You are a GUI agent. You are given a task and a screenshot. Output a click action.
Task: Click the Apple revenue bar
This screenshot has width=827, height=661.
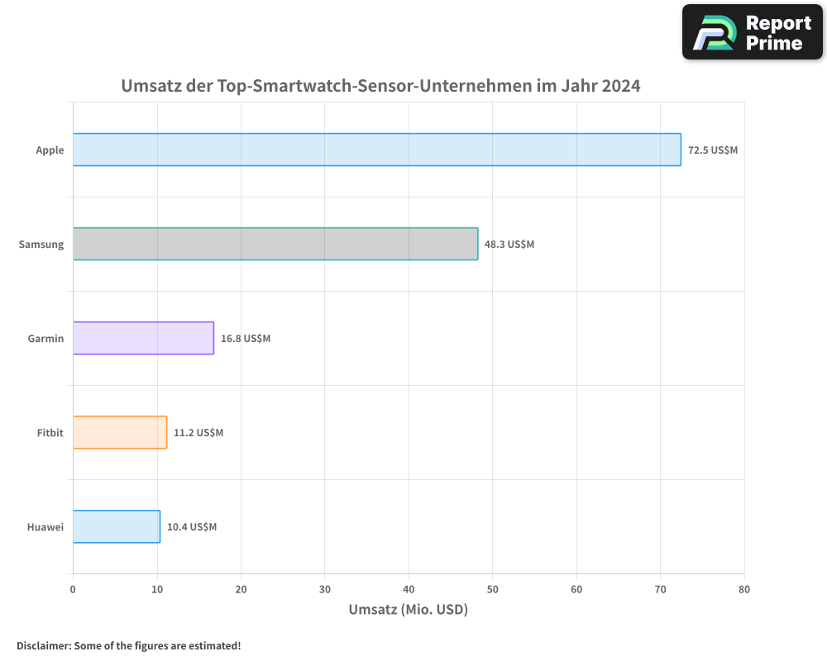[x=376, y=150]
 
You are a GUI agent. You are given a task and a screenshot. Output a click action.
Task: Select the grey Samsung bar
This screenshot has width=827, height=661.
[x=275, y=244]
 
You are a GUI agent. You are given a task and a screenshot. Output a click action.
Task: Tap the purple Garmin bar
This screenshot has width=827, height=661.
[x=143, y=338]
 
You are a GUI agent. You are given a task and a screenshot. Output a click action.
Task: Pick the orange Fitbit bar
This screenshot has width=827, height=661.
[x=120, y=432]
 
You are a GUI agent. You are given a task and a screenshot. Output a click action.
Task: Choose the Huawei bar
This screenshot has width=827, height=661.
[x=117, y=526]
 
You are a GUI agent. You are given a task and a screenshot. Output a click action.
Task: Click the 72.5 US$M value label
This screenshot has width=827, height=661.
[x=712, y=150]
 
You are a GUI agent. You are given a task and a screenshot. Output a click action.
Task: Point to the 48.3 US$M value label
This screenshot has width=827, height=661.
[x=509, y=245]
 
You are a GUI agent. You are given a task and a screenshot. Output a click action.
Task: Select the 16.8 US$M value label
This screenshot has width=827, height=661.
[x=246, y=339]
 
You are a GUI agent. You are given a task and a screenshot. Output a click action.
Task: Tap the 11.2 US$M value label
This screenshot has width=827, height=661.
[x=198, y=433]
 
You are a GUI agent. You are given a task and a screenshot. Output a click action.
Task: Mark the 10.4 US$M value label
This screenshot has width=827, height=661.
[x=192, y=527]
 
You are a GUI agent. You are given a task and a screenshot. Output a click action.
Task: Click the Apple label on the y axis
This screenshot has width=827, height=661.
[x=50, y=150]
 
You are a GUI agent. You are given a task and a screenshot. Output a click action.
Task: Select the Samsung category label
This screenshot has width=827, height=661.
[x=41, y=245]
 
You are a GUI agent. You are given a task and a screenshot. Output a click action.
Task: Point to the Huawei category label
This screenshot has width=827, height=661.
[x=45, y=527]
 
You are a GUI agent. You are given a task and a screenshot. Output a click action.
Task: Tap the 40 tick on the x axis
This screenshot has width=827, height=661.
[x=409, y=589]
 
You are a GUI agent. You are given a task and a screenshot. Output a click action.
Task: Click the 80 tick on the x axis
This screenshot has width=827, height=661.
[x=744, y=589]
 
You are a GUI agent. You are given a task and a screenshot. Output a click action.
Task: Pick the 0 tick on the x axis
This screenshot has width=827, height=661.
[x=73, y=589]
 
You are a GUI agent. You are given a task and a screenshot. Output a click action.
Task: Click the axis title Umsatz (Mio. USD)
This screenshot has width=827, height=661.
[x=409, y=611]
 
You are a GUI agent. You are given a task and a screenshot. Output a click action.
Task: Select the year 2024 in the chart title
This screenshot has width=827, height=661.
[x=621, y=86]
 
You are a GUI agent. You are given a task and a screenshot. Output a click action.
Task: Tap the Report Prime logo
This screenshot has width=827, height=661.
[x=752, y=32]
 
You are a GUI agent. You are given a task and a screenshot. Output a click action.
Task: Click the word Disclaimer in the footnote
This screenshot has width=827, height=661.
[x=42, y=645]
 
